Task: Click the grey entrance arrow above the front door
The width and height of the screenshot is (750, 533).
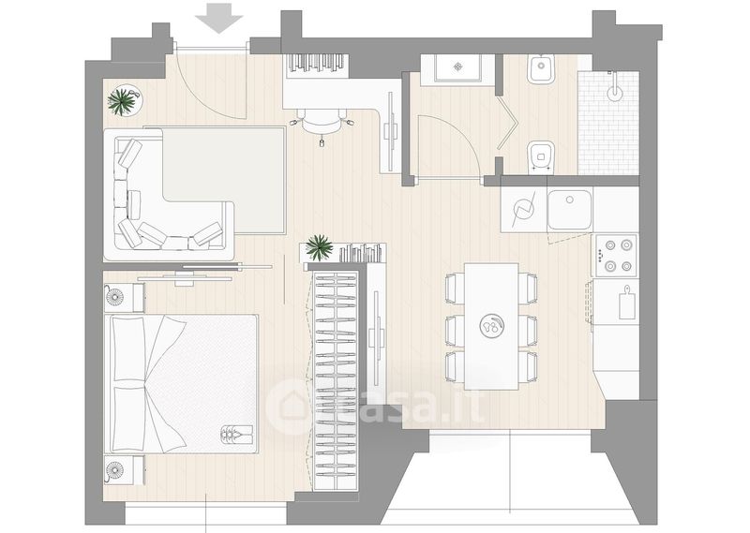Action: [x=219, y=18]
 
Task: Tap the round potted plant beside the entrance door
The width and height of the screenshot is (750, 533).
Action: [x=125, y=100]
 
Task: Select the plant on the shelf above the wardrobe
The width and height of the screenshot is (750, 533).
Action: [x=319, y=247]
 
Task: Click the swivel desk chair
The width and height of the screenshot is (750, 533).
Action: [x=322, y=123]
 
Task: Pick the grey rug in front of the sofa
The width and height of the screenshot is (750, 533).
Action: [x=224, y=180]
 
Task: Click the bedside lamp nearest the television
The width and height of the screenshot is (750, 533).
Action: [x=113, y=297]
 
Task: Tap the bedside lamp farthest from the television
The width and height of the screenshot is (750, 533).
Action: [x=113, y=470]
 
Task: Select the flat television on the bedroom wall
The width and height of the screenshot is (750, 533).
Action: [x=185, y=277]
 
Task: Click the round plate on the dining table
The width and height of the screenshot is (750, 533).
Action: [x=491, y=326]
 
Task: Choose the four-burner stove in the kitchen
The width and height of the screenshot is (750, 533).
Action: [x=615, y=256]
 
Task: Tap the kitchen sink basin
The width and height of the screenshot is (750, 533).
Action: [x=570, y=210]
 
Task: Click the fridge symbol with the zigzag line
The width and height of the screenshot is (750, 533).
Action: [x=523, y=210]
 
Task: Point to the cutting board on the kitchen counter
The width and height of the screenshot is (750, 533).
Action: [x=626, y=303]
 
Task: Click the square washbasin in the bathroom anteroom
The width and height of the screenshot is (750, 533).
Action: [x=457, y=67]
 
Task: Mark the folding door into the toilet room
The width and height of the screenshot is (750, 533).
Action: [x=507, y=123]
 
